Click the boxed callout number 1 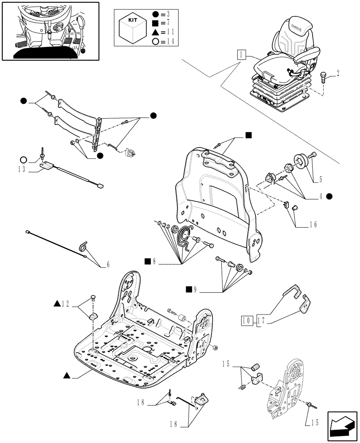240,55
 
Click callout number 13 22,169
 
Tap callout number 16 313,225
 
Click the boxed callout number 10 247,320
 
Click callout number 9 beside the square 195,290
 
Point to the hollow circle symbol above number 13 23,159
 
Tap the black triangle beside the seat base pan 67,376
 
